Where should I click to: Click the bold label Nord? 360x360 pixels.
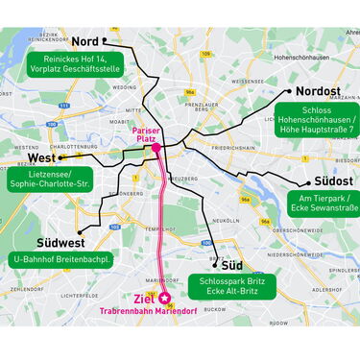[85, 41]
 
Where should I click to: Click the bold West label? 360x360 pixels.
[41, 157]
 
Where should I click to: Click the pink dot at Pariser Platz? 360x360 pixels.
[156, 149]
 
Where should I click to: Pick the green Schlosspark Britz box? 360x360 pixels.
[232, 286]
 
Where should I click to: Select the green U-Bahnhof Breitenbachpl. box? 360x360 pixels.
[62, 260]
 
